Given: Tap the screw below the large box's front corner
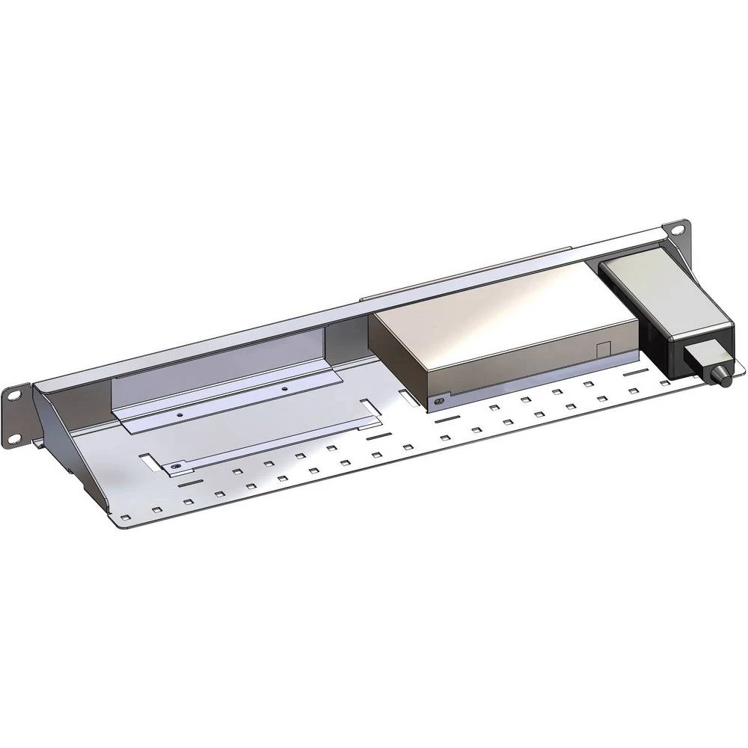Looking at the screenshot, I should pos(438,402).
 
